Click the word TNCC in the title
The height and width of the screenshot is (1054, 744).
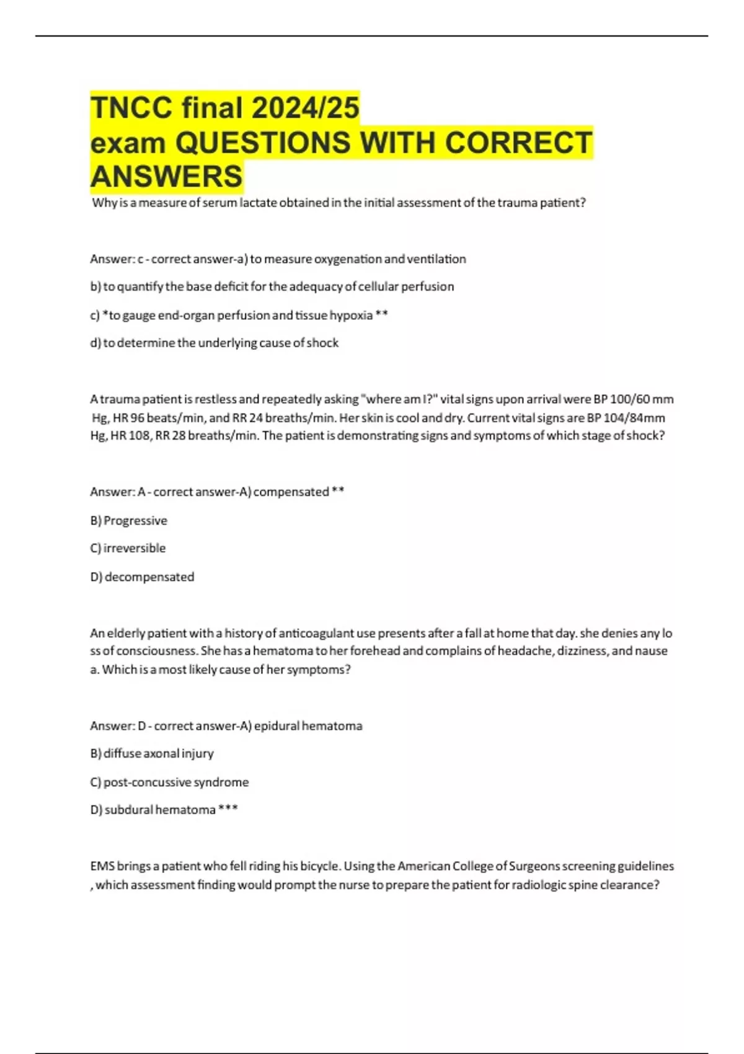(131, 107)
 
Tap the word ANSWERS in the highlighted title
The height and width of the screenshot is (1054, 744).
(166, 176)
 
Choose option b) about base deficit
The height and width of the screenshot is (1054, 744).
(272, 286)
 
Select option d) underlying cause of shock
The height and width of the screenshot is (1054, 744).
(215, 343)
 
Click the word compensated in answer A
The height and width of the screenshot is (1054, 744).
(291, 492)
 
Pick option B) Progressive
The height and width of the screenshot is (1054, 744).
(129, 520)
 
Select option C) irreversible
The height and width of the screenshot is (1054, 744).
(128, 548)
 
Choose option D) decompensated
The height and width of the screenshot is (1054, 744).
(143, 577)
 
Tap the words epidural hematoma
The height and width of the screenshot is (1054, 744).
(308, 725)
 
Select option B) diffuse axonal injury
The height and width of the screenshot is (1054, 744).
(152, 753)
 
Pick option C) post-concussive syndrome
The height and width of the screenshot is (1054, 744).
(169, 782)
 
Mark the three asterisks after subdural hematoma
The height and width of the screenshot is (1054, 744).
(228, 809)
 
